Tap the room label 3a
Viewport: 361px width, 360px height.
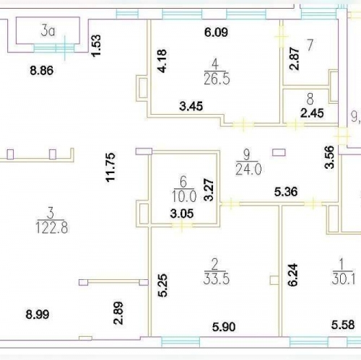point(48,30)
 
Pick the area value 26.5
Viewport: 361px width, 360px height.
point(215,79)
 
